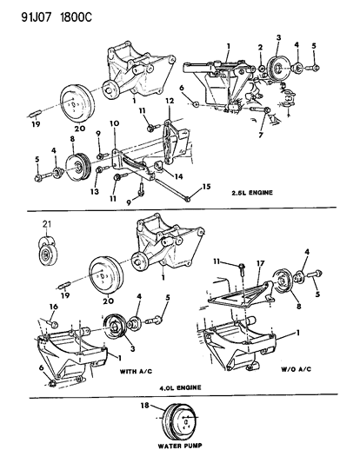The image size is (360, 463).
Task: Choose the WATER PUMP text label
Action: click(179, 451)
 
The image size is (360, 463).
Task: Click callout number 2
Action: click(260, 46)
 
